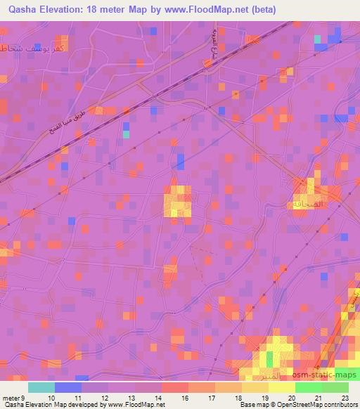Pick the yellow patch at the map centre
pos(178,202)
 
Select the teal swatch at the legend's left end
pos(41,387)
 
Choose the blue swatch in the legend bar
pos(68,387)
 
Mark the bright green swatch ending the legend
pos(335,387)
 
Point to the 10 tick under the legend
pos(49,398)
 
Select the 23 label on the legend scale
pos(344,398)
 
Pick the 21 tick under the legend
pos(317,398)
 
